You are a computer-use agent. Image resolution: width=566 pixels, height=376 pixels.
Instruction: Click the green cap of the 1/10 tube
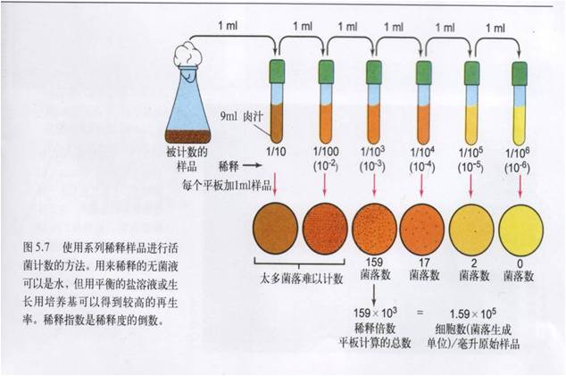pyautogui.click(x=278, y=68)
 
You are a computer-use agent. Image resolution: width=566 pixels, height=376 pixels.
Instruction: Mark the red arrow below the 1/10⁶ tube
pyautogui.click(x=520, y=182)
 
